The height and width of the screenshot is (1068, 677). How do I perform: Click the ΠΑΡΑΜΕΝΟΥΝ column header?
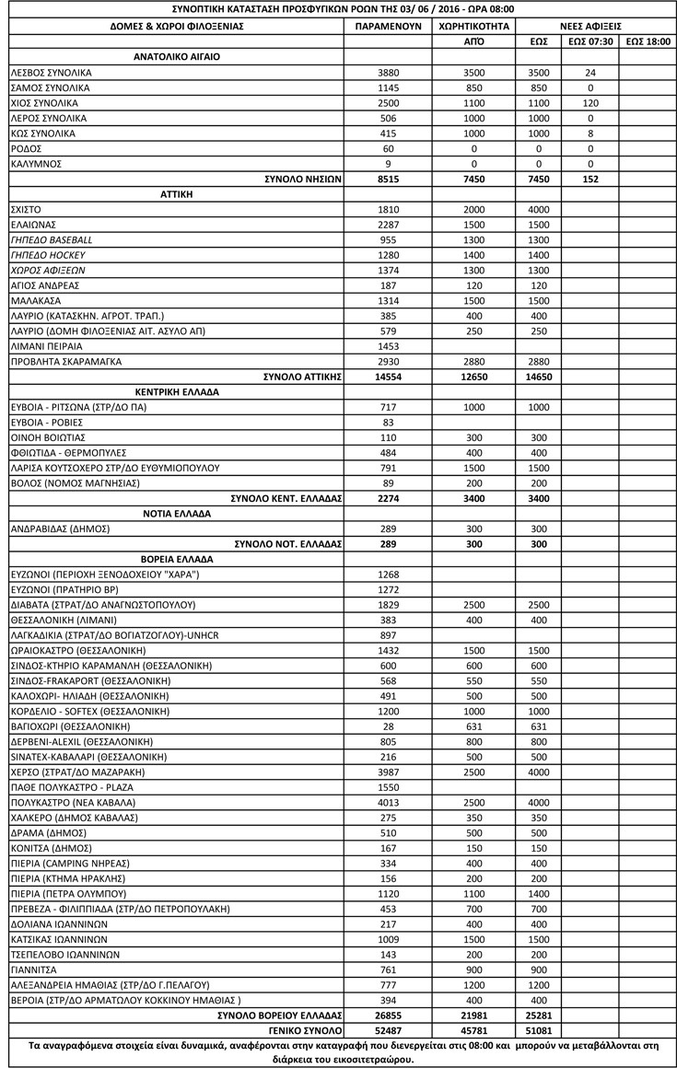tap(388, 26)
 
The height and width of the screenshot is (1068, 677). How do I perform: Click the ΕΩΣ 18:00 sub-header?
tap(647, 41)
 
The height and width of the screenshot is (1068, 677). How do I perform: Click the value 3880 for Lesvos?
tap(388, 72)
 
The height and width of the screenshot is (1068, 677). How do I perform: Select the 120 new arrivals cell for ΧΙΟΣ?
tap(590, 103)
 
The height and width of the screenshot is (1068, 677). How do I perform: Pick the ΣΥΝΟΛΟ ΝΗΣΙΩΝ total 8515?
tap(388, 180)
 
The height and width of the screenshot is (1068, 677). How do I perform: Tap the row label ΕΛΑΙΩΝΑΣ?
tap(34, 225)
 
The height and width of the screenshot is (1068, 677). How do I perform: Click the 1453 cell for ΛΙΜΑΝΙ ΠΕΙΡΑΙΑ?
tap(388, 345)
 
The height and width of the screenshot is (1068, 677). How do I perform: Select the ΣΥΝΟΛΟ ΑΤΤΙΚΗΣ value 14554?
tap(388, 376)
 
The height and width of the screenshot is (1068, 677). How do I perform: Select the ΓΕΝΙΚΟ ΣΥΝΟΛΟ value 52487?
tap(388, 1029)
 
